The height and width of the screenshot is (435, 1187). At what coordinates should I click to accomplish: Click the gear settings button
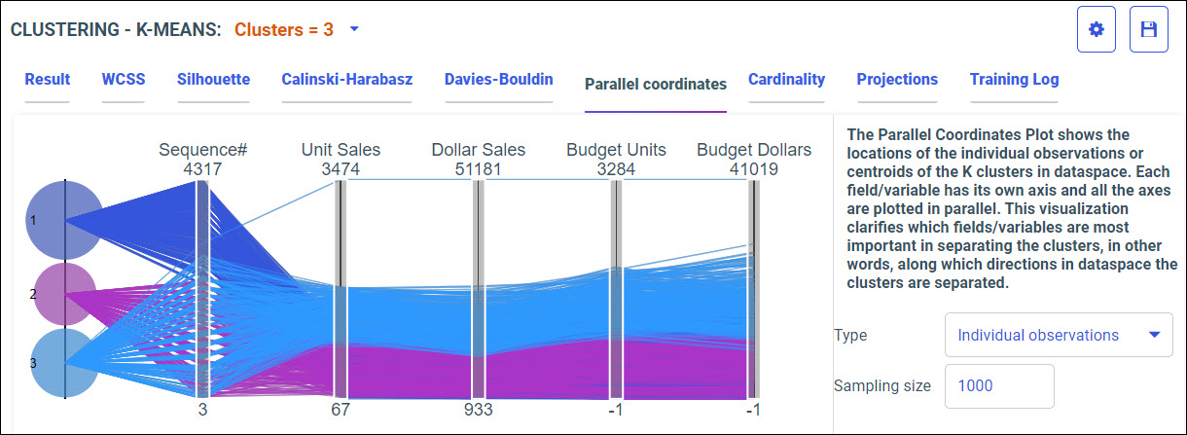1097,29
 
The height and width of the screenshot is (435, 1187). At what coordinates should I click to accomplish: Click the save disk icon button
1148,29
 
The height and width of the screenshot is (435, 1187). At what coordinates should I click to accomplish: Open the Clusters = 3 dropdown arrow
354,29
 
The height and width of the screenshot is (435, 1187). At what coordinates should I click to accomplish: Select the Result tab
48,80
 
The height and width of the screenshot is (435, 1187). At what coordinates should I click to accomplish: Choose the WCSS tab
123,80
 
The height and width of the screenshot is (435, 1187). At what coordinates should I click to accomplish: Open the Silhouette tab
213,80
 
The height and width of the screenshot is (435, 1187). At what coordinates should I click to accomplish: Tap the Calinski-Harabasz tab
347,80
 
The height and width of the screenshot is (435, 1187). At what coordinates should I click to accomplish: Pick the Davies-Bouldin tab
499,80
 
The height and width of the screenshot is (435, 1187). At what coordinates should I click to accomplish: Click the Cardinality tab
786,80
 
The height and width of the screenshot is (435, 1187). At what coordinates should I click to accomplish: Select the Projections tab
897,80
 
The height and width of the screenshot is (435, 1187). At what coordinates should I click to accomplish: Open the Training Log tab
1014,80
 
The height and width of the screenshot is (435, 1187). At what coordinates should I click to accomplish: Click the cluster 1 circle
64,221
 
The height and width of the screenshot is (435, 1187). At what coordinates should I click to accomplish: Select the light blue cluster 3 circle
64,363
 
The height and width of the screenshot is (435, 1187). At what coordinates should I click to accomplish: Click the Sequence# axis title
203,150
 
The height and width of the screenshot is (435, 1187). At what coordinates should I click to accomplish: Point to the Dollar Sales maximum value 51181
478,168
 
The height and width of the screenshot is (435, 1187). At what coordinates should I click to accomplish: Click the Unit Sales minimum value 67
340,410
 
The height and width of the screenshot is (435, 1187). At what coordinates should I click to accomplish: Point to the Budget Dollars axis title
754,150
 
